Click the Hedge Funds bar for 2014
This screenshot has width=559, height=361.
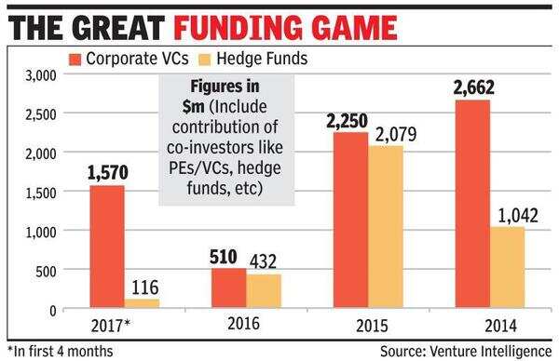[508, 268]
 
